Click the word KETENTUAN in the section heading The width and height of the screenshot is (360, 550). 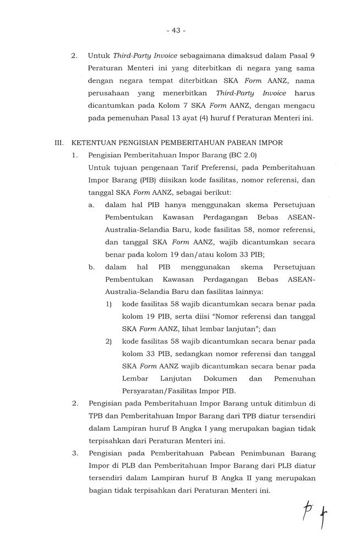coord(97,142)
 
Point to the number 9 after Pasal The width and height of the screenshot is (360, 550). coord(312,56)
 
